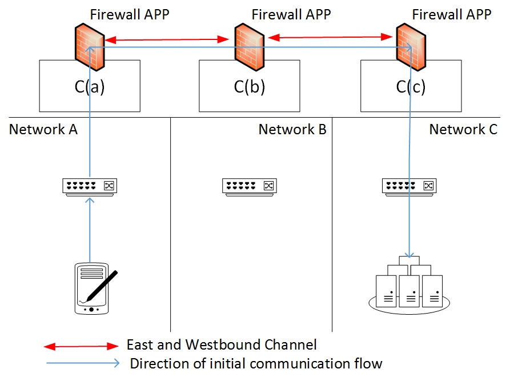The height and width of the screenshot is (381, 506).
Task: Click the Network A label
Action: [43, 130]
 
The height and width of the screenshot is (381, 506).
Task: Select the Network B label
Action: [292, 130]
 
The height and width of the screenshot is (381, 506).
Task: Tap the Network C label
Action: [463, 130]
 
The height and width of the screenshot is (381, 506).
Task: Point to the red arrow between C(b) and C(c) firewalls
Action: [330, 37]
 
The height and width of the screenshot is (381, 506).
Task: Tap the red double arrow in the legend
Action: [81, 346]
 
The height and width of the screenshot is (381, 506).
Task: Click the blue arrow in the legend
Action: [81, 363]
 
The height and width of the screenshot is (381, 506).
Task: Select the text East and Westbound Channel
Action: [222, 345]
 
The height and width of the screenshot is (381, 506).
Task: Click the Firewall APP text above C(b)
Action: [291, 14]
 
